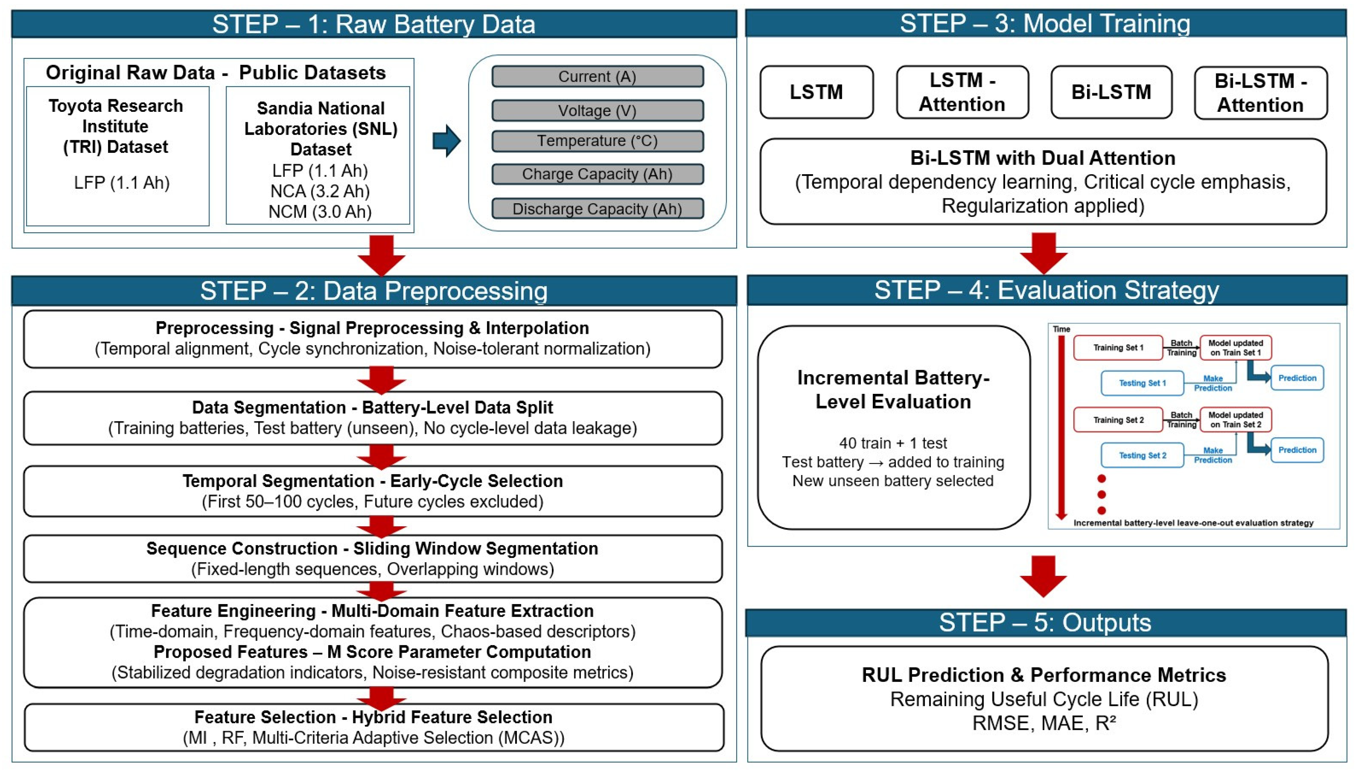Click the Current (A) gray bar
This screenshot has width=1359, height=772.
click(x=597, y=77)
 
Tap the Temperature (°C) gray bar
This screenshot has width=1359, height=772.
click(x=597, y=141)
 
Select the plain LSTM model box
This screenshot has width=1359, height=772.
click(x=816, y=92)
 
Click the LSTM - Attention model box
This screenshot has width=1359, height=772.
click(x=962, y=92)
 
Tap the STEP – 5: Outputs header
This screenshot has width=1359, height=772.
click(x=1045, y=622)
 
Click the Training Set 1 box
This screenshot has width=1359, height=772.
click(x=1118, y=348)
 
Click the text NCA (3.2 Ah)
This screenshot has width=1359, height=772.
click(x=320, y=191)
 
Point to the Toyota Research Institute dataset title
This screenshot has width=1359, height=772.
click(x=115, y=126)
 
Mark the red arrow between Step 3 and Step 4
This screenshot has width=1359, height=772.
click(x=1043, y=253)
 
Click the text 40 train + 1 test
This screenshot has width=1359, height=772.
click(x=893, y=443)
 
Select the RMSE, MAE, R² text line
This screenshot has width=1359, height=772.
click(x=1044, y=723)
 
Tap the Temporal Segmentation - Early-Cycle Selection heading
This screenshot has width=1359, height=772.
click(x=373, y=481)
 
